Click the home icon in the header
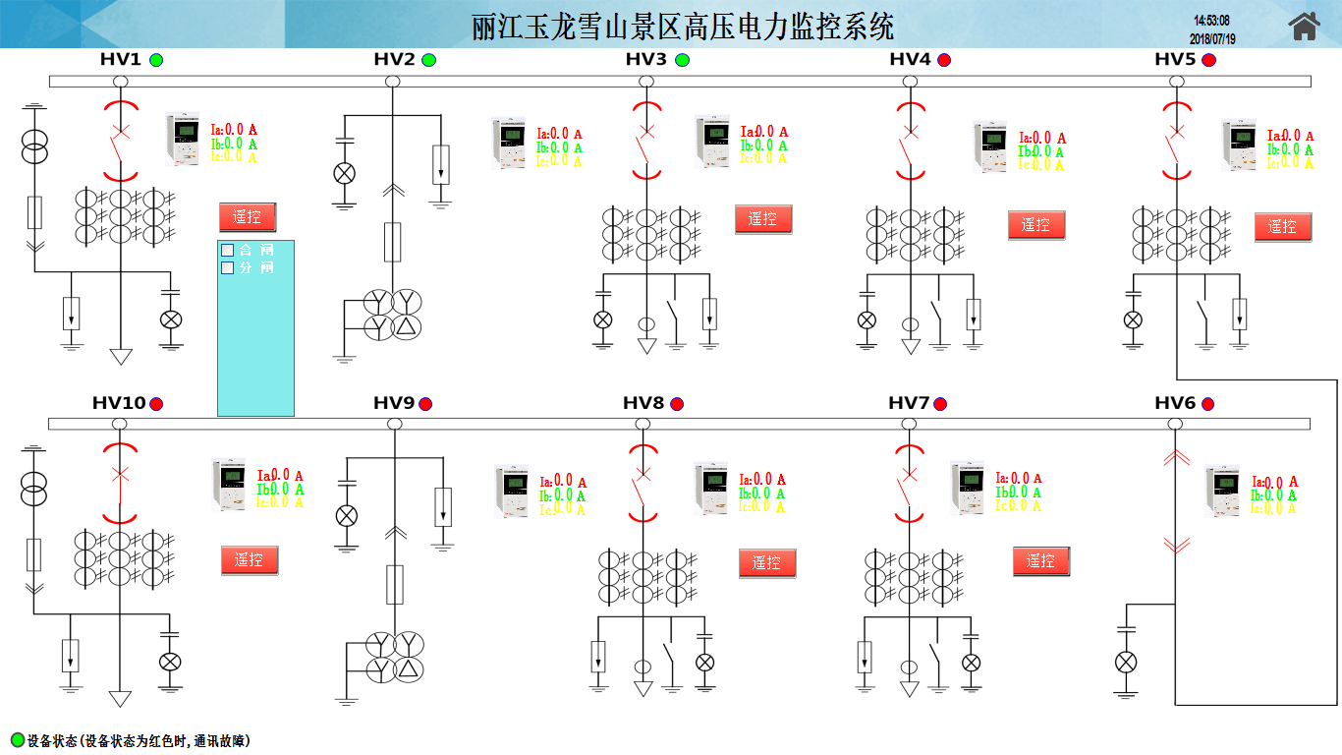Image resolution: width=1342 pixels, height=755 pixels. click(x=1304, y=27)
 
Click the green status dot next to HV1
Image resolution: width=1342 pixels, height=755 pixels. click(x=156, y=60)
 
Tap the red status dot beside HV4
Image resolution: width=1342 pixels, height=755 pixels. click(x=944, y=60)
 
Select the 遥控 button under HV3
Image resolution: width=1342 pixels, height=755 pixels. click(x=763, y=219)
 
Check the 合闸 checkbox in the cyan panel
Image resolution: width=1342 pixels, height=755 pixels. click(x=228, y=250)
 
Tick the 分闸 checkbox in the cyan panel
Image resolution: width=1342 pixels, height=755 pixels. click(x=228, y=267)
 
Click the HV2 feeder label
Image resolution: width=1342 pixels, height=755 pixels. click(x=395, y=59)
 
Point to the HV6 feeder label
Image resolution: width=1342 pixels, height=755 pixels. click(x=1175, y=403)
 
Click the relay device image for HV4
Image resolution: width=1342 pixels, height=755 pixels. click(x=990, y=146)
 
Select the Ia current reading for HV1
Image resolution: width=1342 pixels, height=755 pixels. click(x=234, y=129)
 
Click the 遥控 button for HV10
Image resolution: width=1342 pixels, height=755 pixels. click(x=250, y=560)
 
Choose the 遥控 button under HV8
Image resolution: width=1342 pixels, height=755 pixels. click(x=767, y=563)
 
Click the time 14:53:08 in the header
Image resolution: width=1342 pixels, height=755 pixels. click(x=1211, y=21)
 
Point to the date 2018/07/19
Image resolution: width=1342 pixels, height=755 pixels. click(x=1212, y=39)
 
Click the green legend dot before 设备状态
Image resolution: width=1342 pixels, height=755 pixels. click(x=17, y=740)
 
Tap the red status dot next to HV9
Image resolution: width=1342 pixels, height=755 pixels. click(x=425, y=404)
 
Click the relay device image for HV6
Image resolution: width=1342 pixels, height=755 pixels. click(x=1222, y=491)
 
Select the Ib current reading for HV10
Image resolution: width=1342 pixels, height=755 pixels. click(x=280, y=490)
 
